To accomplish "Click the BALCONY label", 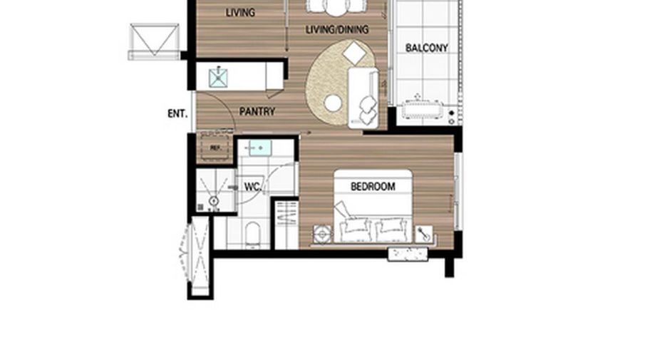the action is (427, 48).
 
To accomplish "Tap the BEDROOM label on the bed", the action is (373, 186).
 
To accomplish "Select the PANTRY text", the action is (257, 111).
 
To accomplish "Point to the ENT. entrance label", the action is (177, 113).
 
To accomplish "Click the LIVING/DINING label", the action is (337, 29).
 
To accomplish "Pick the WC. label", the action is (252, 187).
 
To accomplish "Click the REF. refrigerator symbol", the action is (215, 148).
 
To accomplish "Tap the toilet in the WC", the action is (253, 235).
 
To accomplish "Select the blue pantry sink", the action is (218, 78).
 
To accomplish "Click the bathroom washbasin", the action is (260, 148).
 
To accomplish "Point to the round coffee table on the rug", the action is (333, 103).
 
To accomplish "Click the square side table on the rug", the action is (354, 54).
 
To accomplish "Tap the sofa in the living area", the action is (363, 98).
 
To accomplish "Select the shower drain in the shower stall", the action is (214, 201).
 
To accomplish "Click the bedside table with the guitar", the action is (424, 234).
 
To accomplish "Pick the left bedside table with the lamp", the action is (322, 235).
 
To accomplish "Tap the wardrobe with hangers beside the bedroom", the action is (286, 224).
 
